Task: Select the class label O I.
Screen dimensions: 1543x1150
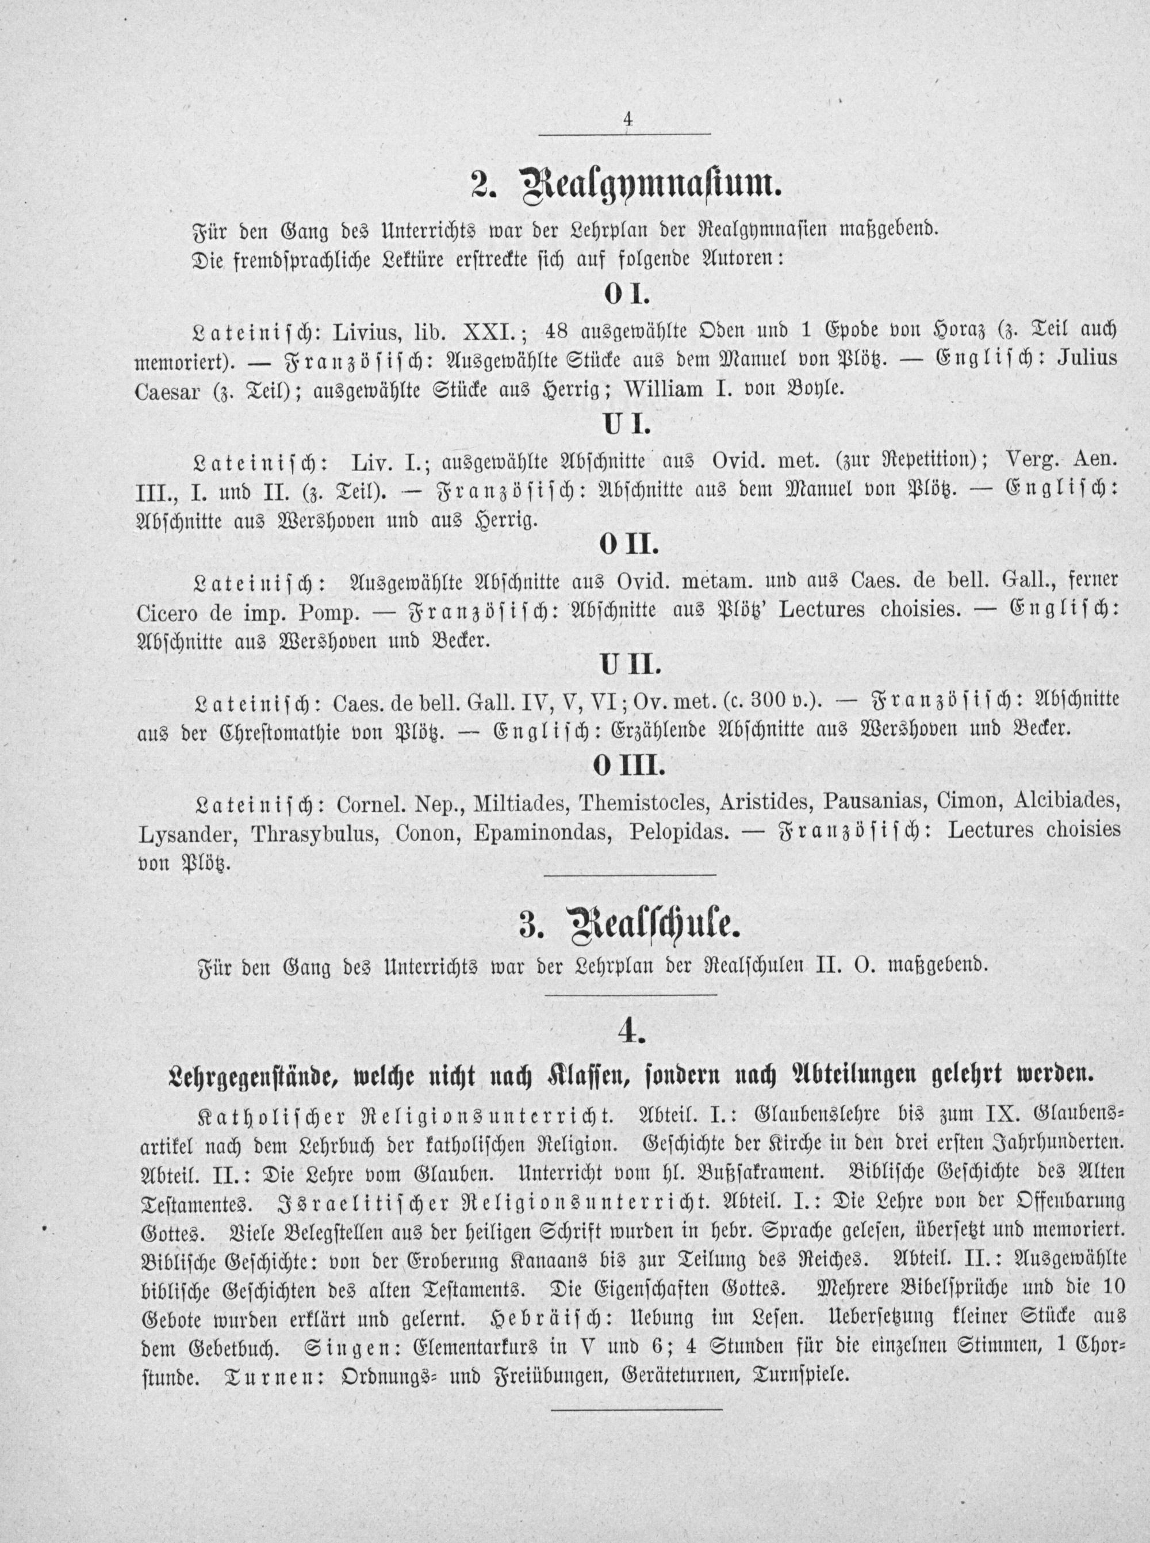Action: pos(626,295)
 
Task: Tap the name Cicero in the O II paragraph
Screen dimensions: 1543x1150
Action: pos(169,610)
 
